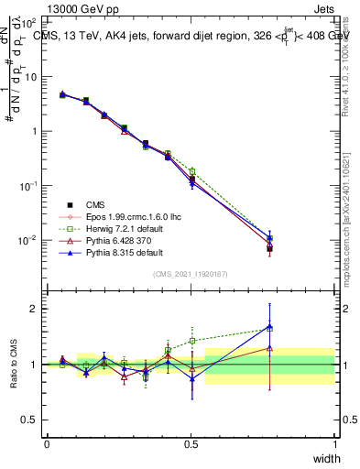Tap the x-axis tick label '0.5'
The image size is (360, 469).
pos(191,443)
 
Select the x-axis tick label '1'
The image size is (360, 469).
pos(335,443)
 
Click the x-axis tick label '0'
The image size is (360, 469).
pos(47,443)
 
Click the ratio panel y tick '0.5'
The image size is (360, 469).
pos(28,420)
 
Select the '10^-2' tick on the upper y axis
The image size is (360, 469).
pos(28,240)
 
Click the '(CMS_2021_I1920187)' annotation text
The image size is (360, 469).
pos(191,273)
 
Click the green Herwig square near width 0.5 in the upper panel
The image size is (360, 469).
pos(191,171)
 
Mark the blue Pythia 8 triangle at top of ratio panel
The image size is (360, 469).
pos(269,326)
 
